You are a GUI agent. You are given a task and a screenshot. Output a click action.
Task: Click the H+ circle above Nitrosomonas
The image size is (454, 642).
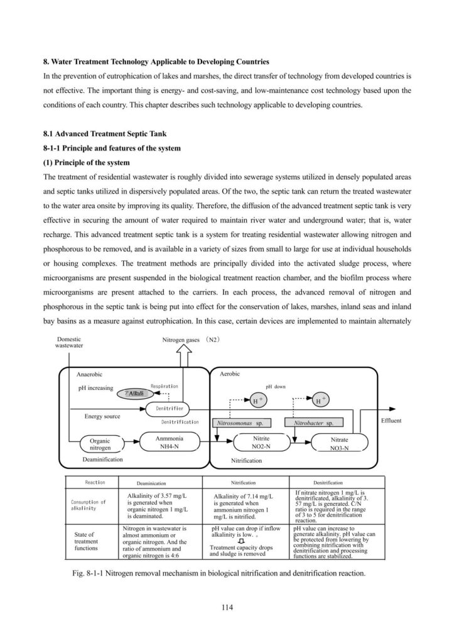257,399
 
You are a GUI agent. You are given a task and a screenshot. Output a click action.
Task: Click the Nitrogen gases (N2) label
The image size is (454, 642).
190,339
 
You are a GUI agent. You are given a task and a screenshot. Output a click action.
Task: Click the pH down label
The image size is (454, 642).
276,387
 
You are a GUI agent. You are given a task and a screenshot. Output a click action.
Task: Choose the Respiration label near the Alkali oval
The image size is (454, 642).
165,386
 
